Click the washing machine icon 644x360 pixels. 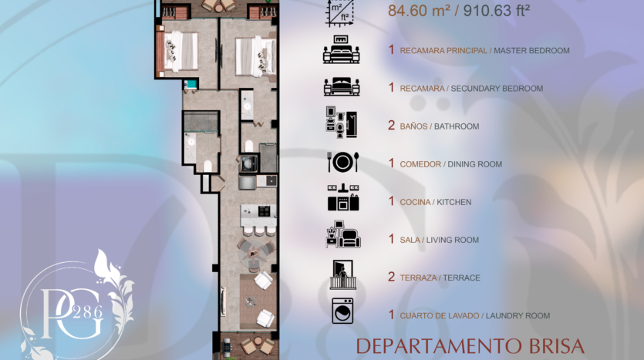(342, 311)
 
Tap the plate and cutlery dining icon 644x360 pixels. (343, 162)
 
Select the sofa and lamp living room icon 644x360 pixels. (343, 234)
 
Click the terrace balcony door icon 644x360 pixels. (342, 274)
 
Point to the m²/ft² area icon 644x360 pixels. (340, 13)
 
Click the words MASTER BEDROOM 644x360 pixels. (531, 50)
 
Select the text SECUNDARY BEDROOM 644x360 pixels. (497, 88)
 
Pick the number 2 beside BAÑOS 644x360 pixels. (391, 125)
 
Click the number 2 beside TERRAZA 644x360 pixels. (391, 277)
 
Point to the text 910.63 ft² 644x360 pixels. (497, 11)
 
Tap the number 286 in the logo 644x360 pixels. (87, 313)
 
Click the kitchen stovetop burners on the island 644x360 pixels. (264, 211)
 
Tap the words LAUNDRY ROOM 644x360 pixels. (518, 315)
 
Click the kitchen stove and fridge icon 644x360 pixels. (343, 197)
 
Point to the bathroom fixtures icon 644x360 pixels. (342, 122)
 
